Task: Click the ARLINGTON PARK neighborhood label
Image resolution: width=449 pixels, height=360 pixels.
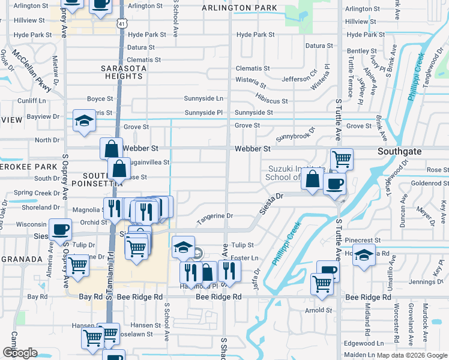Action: pos(240,8)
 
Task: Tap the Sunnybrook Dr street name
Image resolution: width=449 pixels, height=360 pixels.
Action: pos(295,133)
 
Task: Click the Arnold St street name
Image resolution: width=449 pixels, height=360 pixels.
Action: pos(319,310)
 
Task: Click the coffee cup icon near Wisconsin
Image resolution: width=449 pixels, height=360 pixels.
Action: pos(59,229)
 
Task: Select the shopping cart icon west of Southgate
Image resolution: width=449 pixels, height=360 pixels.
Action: pos(342,158)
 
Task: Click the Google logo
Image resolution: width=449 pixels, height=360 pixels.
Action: pos(20,353)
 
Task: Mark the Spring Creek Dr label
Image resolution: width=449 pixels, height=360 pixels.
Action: pos(32,193)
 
